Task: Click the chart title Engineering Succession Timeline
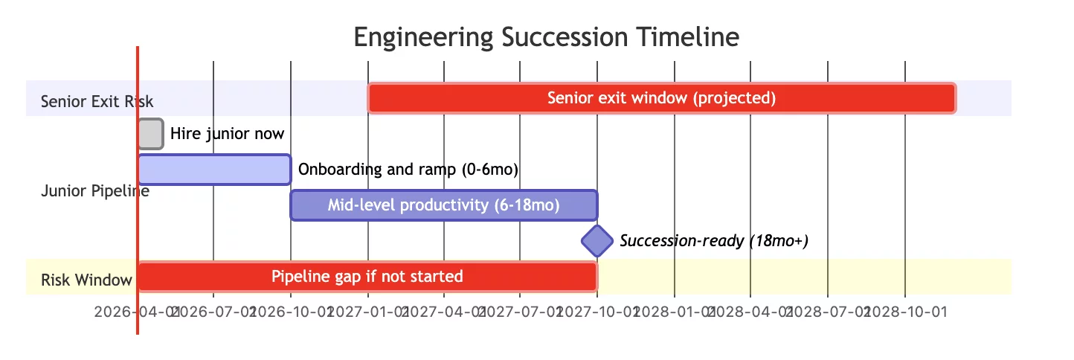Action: [547, 36]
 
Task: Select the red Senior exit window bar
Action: [661, 98]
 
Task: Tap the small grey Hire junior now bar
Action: [150, 134]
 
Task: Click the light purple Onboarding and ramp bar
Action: [214, 170]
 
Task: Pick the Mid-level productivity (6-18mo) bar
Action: [443, 205]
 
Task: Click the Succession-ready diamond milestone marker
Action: [597, 241]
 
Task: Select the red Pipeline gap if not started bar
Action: [367, 277]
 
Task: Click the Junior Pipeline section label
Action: [94, 191]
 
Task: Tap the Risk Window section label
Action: [86, 280]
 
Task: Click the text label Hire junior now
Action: [227, 134]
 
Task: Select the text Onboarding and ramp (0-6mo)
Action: [408, 170]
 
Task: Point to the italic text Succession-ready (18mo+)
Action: [713, 241]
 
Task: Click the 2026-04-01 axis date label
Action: [136, 312]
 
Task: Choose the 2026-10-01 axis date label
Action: [291, 312]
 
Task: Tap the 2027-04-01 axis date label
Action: [444, 312]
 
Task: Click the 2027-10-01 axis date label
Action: [597, 312]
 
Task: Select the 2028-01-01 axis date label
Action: [675, 312]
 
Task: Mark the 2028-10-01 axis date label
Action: [905, 312]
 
